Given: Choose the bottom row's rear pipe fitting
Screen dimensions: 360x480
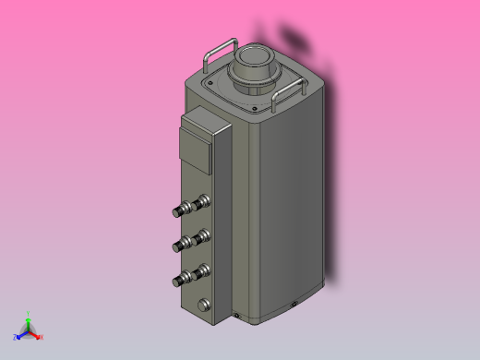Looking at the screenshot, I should click(198, 270).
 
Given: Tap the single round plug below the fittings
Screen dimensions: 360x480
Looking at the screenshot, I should click(202, 304).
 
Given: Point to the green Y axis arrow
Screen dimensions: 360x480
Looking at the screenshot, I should click(29, 319).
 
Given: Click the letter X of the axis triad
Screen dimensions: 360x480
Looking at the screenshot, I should click(42, 337).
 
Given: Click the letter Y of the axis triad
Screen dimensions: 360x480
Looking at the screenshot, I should click(29, 313).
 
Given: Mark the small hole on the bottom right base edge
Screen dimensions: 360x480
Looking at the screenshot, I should click(294, 302).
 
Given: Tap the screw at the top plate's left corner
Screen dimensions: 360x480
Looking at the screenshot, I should click(210, 83).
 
